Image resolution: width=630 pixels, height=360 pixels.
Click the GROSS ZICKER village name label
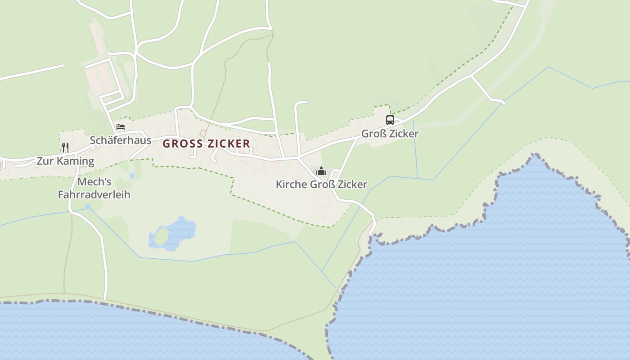click(x=206, y=144)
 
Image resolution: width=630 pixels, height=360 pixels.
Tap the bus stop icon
click(x=390, y=120)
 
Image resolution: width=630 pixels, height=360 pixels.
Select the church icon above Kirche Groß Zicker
click(x=321, y=171)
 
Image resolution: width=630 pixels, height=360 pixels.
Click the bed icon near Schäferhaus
click(x=120, y=127)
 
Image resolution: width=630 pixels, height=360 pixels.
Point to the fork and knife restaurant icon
click(x=65, y=147)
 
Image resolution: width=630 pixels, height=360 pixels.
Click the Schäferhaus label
click(x=121, y=140)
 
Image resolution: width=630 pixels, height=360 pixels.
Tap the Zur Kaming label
click(x=65, y=161)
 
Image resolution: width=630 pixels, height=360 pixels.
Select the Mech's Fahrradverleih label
click(x=94, y=188)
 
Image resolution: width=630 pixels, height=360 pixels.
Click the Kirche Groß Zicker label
click(x=321, y=184)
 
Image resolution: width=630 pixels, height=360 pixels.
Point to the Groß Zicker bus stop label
click(x=390, y=134)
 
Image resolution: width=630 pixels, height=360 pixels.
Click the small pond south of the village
click(x=173, y=234)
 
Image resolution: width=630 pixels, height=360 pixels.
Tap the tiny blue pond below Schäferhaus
click(x=132, y=175)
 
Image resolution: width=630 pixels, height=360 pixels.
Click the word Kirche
click(x=292, y=184)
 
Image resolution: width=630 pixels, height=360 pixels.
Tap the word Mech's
click(x=94, y=182)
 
